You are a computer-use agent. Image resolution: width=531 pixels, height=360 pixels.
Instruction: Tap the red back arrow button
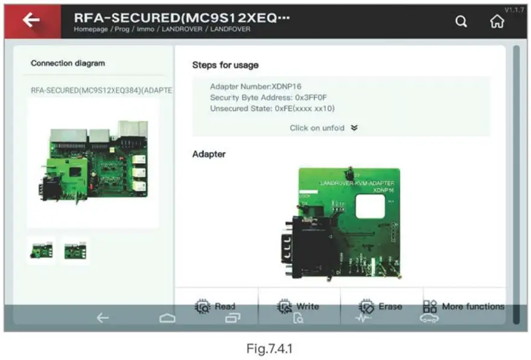pos(31,21)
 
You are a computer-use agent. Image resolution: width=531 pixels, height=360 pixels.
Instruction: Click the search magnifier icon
pos(461,22)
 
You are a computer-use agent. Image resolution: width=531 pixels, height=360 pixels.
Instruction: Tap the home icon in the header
pos(497,22)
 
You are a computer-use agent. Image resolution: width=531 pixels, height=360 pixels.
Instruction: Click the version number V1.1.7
pos(515,10)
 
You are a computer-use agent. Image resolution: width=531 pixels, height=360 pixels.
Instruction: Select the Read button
pos(216,306)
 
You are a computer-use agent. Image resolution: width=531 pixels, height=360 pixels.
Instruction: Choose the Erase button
pos(381,306)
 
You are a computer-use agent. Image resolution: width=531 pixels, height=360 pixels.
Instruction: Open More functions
pos(463,306)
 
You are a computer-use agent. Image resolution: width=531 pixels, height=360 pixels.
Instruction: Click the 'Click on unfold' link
pos(323,128)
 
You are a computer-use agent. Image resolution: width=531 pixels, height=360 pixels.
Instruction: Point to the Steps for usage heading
pos(225,65)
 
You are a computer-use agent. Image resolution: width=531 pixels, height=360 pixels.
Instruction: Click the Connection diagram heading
pos(68,63)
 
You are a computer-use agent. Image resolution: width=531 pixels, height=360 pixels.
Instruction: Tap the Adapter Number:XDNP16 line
pos(255,87)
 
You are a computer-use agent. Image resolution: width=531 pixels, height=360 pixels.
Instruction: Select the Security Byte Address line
pos(269,98)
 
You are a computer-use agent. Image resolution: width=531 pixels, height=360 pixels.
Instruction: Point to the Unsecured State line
pos(272,109)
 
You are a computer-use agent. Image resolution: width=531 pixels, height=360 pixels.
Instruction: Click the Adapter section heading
pos(209,154)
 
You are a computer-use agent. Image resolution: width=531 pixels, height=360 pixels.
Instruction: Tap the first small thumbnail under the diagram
pos(42,251)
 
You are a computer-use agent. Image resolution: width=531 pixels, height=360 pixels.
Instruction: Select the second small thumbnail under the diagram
pos(75,251)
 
